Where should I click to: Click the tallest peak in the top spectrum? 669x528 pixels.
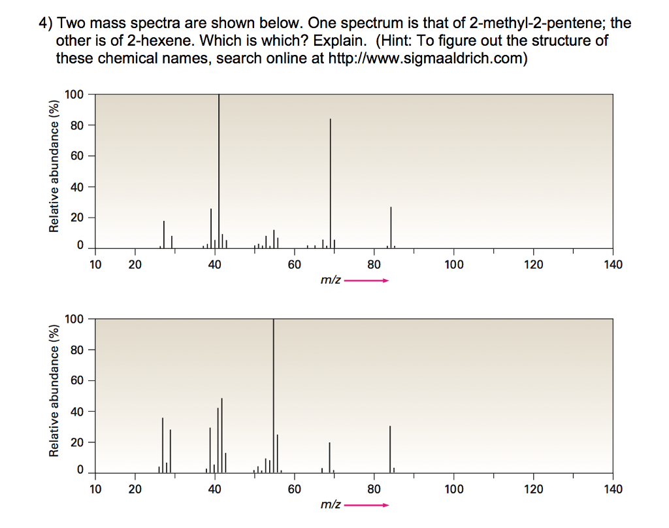click(219, 170)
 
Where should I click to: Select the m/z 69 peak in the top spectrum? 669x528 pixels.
click(331, 183)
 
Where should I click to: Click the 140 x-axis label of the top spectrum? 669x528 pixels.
click(613, 265)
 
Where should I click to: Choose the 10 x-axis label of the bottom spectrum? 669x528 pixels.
click(95, 489)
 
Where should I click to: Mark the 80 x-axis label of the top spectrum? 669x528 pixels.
click(374, 265)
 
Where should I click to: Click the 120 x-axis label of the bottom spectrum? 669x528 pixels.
click(533, 489)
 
